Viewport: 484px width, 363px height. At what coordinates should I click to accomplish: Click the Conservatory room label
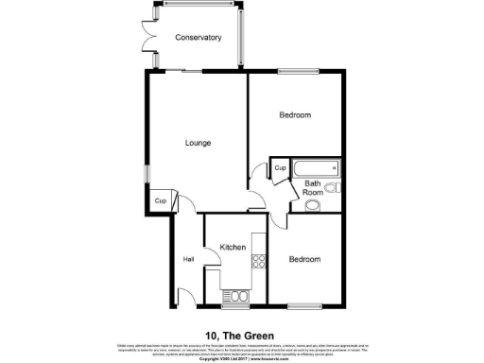[x=198, y=38]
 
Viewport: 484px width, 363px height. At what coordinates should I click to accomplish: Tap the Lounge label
[x=197, y=143]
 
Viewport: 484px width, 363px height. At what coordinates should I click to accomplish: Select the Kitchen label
[x=233, y=248]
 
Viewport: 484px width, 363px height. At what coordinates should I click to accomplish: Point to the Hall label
[x=188, y=260]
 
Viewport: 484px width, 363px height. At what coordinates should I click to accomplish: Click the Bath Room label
[x=313, y=188]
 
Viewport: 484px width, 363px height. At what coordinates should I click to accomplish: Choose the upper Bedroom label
[x=295, y=115]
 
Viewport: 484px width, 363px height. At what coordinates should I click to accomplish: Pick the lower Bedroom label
[x=304, y=260]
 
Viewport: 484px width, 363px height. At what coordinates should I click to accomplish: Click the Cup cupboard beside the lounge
[x=161, y=201]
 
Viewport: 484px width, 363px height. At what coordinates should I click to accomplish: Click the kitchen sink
[x=236, y=296]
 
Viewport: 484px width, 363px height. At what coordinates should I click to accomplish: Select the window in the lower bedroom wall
[x=303, y=305]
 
